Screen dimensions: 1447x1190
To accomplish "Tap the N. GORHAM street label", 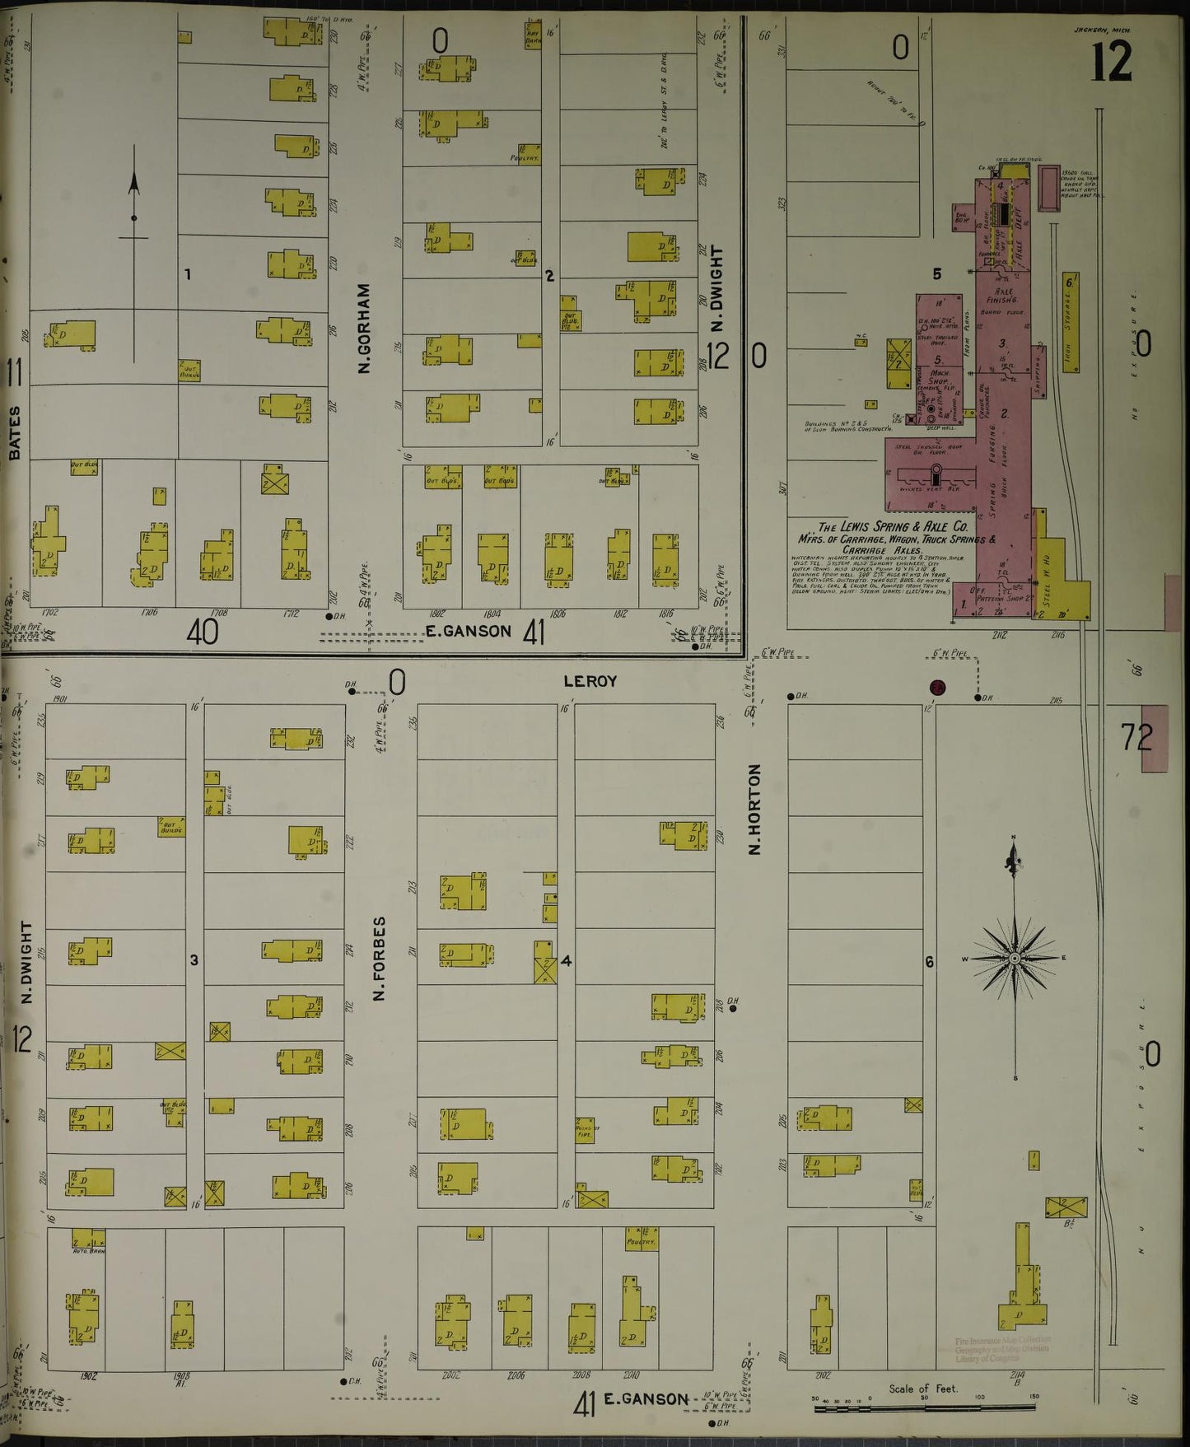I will (x=364, y=329).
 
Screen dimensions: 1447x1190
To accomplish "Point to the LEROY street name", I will (x=590, y=681).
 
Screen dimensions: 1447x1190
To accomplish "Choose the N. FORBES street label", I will (x=380, y=958).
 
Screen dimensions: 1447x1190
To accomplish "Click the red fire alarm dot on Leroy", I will (x=936, y=688).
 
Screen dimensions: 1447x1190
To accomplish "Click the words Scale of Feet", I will (x=923, y=1389).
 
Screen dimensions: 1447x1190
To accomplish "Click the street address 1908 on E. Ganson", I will (x=181, y=1376).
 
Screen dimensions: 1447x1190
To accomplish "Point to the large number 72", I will (x=1138, y=736).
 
